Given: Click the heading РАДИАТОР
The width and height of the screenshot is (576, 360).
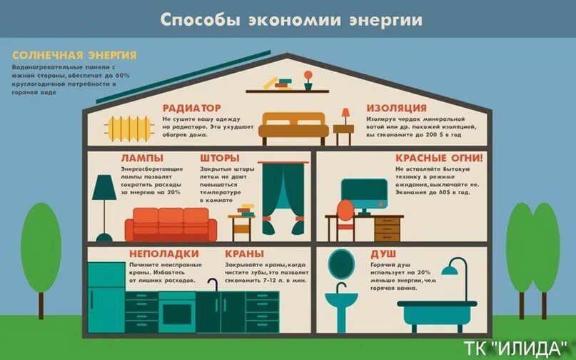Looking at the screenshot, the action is click(x=191, y=107).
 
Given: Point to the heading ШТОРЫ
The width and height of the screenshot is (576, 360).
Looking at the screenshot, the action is click(x=219, y=157).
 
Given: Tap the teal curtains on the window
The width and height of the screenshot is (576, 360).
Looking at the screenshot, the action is click(x=284, y=197).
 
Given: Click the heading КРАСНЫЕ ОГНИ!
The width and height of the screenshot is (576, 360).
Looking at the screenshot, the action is click(x=438, y=157).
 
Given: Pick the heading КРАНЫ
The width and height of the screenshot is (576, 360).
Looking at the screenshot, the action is click(x=245, y=254).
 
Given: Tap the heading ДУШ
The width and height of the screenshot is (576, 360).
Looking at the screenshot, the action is click(x=382, y=254).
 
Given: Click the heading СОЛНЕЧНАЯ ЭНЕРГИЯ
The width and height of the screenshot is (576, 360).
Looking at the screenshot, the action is click(x=74, y=55).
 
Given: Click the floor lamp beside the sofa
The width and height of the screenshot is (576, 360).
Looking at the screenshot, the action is click(x=105, y=207).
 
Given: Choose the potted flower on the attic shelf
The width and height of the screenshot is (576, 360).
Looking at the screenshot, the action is click(x=308, y=79).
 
